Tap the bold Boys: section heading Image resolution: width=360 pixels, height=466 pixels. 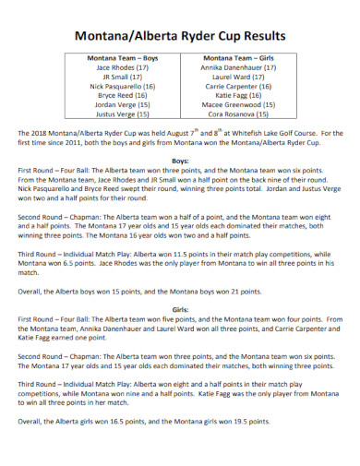click(181, 161)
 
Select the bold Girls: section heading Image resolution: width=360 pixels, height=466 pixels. click(181, 309)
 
